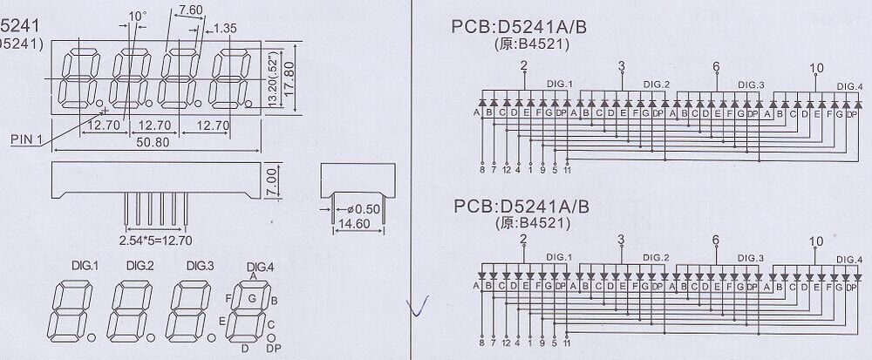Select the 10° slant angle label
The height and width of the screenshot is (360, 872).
point(138,16)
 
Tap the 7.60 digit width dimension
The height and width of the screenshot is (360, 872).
point(190,10)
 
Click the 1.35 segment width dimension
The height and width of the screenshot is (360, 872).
point(226,28)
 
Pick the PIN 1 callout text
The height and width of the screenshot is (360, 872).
point(29,138)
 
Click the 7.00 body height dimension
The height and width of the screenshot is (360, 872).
point(271,182)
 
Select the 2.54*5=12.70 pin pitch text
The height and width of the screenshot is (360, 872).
point(156,238)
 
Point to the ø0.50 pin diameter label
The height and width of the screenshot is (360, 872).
point(364,209)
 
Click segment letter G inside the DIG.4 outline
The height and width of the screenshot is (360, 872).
point(252,299)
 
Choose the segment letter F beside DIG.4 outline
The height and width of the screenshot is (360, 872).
point(230,297)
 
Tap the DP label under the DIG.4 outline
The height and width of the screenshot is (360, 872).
point(273,349)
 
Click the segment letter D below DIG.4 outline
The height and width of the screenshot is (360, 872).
point(245,349)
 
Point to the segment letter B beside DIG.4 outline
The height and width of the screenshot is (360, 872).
point(274,301)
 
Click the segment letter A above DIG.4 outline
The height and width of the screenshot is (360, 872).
point(253,275)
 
